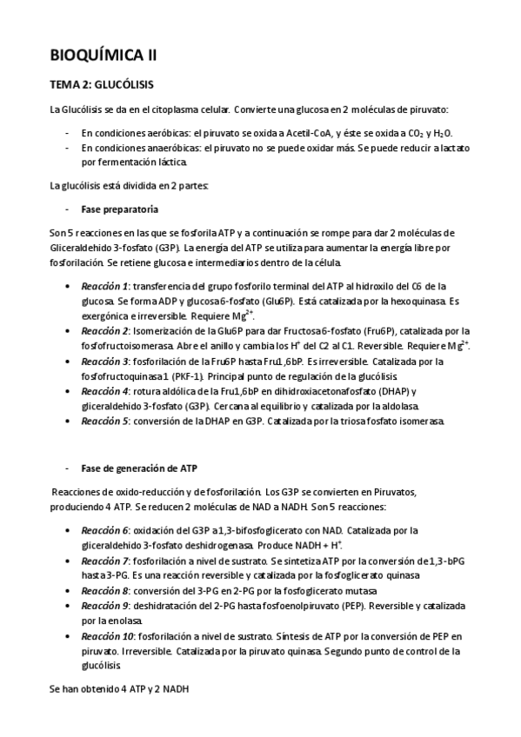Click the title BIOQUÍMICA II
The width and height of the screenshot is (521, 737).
coord(104,55)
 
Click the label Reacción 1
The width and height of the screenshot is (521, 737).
coord(104,286)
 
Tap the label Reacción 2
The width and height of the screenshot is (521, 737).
coord(104,330)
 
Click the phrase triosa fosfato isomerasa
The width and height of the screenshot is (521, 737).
coord(386,422)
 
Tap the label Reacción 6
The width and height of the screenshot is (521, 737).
coord(104,530)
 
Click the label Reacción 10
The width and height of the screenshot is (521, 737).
coord(107,636)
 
